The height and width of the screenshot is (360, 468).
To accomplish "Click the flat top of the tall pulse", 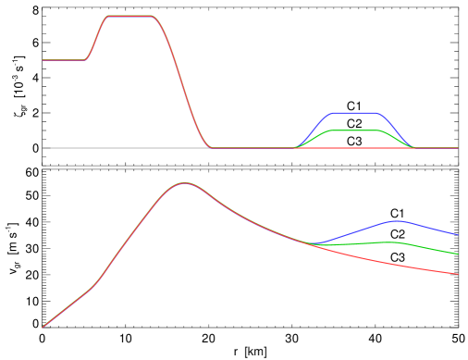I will (x=130, y=17).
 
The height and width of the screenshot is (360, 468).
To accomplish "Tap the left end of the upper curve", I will (x=43, y=60).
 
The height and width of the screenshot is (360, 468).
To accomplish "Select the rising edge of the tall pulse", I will (x=96, y=38).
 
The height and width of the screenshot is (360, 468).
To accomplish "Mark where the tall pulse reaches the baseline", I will (x=212, y=147).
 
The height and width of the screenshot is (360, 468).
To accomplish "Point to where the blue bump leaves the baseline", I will (x=296, y=147).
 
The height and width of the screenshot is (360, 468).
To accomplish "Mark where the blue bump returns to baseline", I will (x=413, y=147).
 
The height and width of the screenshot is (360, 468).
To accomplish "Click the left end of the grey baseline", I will (x=43, y=148).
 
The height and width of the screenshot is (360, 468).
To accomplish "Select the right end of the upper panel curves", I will (x=458, y=148).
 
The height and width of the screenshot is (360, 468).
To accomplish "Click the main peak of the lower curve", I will (x=185, y=183).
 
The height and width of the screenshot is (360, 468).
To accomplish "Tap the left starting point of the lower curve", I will (x=43, y=328).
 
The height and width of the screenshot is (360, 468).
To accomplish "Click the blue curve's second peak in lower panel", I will (x=397, y=221).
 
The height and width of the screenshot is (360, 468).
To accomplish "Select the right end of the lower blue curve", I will (x=458, y=235).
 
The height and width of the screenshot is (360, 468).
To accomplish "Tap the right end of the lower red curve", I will (x=458, y=274).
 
